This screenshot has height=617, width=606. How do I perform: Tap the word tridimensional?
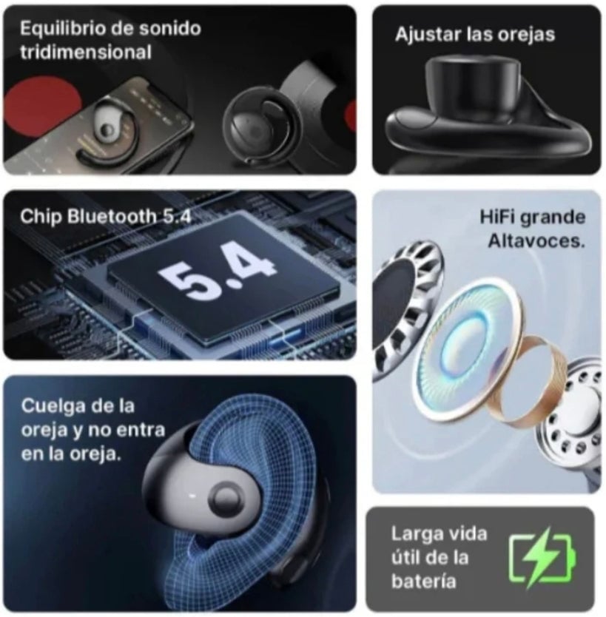tap(86, 53)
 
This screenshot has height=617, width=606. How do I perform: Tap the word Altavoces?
tap(536, 241)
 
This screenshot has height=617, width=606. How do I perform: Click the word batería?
tap(423, 581)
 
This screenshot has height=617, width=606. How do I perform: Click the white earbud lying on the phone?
tap(104, 126)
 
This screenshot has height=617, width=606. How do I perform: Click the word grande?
tap(553, 218)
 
